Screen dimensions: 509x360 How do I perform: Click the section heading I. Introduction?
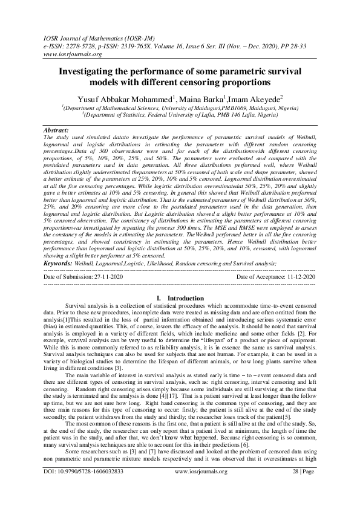tap(180, 298)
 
